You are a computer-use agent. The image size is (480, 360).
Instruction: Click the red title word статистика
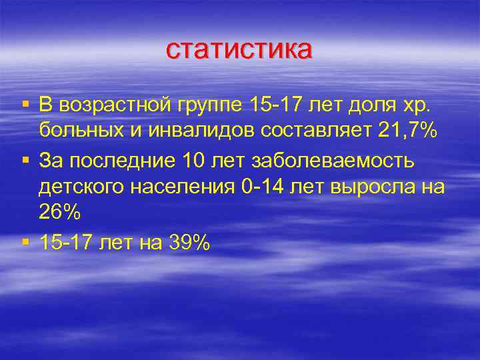coord(239,49)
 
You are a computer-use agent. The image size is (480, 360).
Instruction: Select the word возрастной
coord(117,105)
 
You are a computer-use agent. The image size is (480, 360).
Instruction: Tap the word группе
coord(211,105)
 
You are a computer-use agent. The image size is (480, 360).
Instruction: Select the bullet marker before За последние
coord(25,160)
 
